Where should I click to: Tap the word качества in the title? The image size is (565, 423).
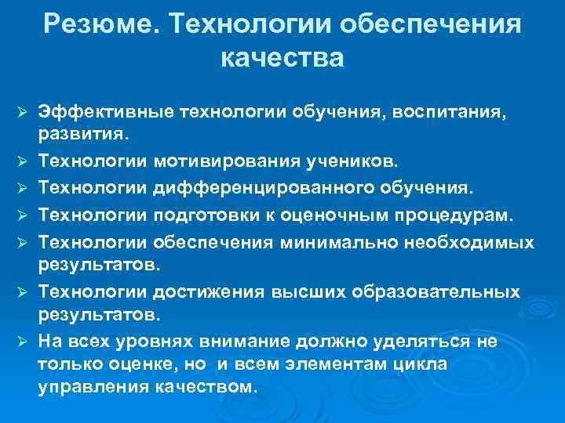coord(282,58)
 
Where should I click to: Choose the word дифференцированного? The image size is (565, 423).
coord(266,188)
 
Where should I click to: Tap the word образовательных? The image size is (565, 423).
coord(445,291)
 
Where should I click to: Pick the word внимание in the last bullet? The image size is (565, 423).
coord(264,342)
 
